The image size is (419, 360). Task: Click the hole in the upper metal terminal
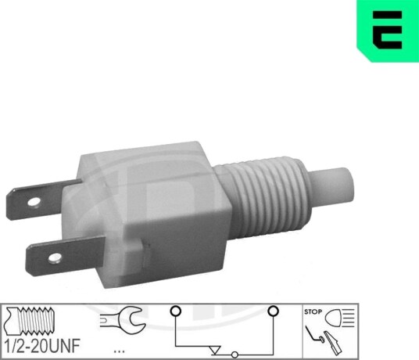pos(34,202)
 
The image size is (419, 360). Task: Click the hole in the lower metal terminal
pos(55,257)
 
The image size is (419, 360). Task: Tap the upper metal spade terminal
pos(40,199)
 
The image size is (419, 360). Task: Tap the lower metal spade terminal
pos(65,256)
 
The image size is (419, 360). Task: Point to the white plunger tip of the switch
pos(332,184)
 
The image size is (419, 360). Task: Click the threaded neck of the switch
pos(263,198)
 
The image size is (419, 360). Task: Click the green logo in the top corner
pos(388,31)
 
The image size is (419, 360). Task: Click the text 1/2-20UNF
pos(42,346)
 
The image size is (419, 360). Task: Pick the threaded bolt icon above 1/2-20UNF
pos(30,321)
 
